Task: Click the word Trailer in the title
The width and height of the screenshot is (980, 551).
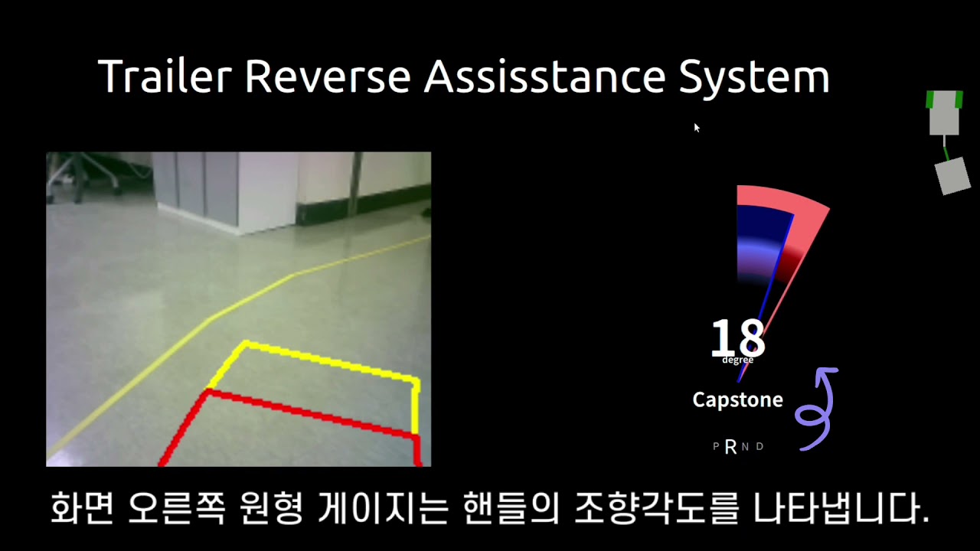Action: point(165,76)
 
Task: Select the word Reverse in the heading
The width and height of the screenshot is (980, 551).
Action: point(328,76)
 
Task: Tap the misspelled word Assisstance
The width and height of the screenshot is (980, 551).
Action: point(544,76)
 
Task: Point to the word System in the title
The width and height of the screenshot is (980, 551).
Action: point(754,79)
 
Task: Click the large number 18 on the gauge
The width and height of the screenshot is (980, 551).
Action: point(738,337)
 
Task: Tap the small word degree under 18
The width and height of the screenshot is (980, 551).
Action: point(737,360)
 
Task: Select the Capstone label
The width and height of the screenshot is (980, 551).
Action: point(737,400)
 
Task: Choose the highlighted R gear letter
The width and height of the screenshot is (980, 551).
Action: point(730,447)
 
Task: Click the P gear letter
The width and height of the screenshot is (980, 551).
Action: point(716,446)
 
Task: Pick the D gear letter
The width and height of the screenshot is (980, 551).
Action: point(760,446)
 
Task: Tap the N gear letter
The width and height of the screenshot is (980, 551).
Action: point(745,446)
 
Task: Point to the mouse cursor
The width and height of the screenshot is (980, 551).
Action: point(697,128)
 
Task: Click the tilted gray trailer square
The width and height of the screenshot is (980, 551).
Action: point(952,176)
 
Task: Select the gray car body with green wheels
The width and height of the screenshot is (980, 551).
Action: point(944,112)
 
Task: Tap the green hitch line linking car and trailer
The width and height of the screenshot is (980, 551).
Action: point(946,148)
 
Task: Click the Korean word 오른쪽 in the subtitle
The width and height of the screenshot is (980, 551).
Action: point(177,507)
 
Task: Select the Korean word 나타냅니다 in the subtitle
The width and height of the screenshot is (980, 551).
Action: point(841,507)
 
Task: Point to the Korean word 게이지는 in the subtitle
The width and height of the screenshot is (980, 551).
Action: point(384,507)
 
